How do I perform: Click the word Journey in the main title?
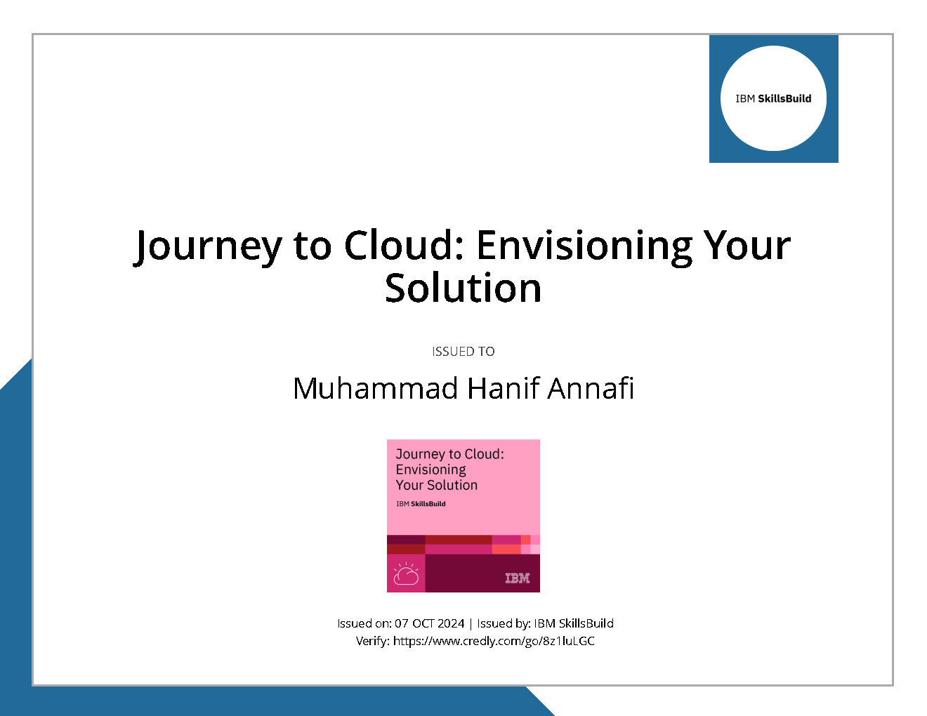click(x=207, y=246)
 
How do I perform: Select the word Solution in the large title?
click(x=463, y=289)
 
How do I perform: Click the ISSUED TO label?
click(x=463, y=352)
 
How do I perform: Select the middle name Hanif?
click(x=503, y=389)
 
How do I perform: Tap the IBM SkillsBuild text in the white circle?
click(x=773, y=99)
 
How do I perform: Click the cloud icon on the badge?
click(x=406, y=574)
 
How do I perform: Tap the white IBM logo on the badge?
click(x=518, y=578)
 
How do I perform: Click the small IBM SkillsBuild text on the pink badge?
click(x=421, y=504)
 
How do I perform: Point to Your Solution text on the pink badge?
click(x=436, y=486)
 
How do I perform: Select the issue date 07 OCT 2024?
click(x=429, y=623)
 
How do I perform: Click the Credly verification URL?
click(x=494, y=641)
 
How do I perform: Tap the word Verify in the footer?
click(x=372, y=641)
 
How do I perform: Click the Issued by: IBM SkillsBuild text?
click(x=545, y=623)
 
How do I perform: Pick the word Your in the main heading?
click(x=747, y=246)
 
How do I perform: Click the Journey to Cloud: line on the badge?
click(x=449, y=454)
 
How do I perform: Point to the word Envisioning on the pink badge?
click(x=430, y=470)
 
